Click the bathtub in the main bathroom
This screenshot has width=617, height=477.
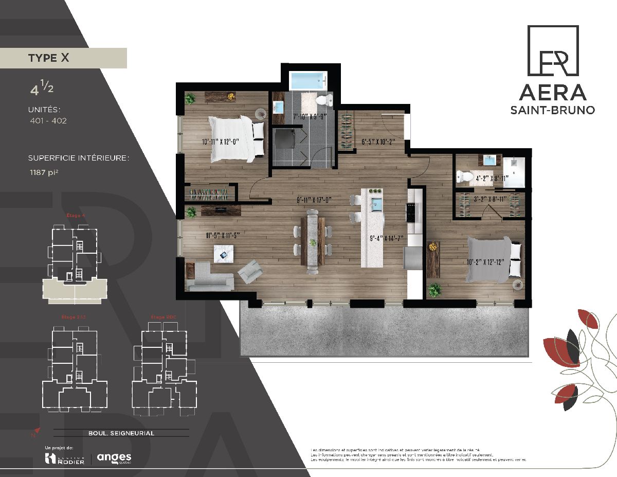(x=308, y=81)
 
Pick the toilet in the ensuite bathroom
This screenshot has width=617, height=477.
(x=466, y=178)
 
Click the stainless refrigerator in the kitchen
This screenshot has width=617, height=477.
(x=412, y=258)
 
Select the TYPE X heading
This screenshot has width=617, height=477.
(x=49, y=58)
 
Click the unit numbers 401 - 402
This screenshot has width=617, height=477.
(x=48, y=121)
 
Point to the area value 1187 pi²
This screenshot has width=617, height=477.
(x=44, y=173)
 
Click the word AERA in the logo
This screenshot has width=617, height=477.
(x=553, y=92)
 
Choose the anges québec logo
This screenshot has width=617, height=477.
(x=114, y=458)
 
